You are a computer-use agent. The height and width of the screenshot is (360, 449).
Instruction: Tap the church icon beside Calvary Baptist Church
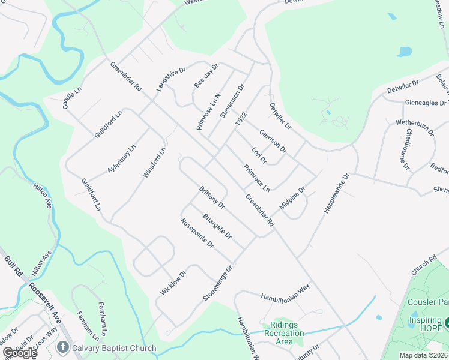pyautogui.click(x=62, y=347)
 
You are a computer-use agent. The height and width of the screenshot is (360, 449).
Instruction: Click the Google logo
pyautogui.click(x=20, y=353)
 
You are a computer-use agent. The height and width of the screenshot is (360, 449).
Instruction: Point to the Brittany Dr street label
pyautogui.click(x=211, y=197)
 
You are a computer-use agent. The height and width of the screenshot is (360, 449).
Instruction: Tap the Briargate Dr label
pyautogui.click(x=217, y=226)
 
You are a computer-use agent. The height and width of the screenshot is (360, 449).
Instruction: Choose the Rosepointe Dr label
pyautogui.click(x=197, y=233)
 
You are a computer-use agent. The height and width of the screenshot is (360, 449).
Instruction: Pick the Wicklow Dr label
pyautogui.click(x=173, y=282)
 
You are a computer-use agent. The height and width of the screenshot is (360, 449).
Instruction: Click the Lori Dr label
pyautogui.click(x=259, y=155)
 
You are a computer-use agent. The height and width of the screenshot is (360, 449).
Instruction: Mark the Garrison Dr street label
pyautogui.click(x=273, y=140)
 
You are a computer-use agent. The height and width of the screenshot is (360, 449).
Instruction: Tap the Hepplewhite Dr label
pyautogui.click(x=336, y=193)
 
